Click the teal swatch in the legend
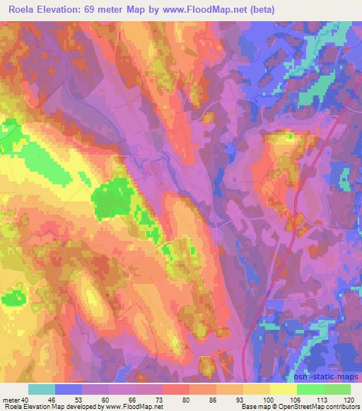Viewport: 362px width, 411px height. pyautogui.click(x=42, y=389)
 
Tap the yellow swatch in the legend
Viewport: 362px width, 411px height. pyautogui.click(x=284, y=389)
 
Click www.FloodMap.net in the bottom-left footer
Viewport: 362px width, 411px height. pyautogui.click(x=135, y=407)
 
